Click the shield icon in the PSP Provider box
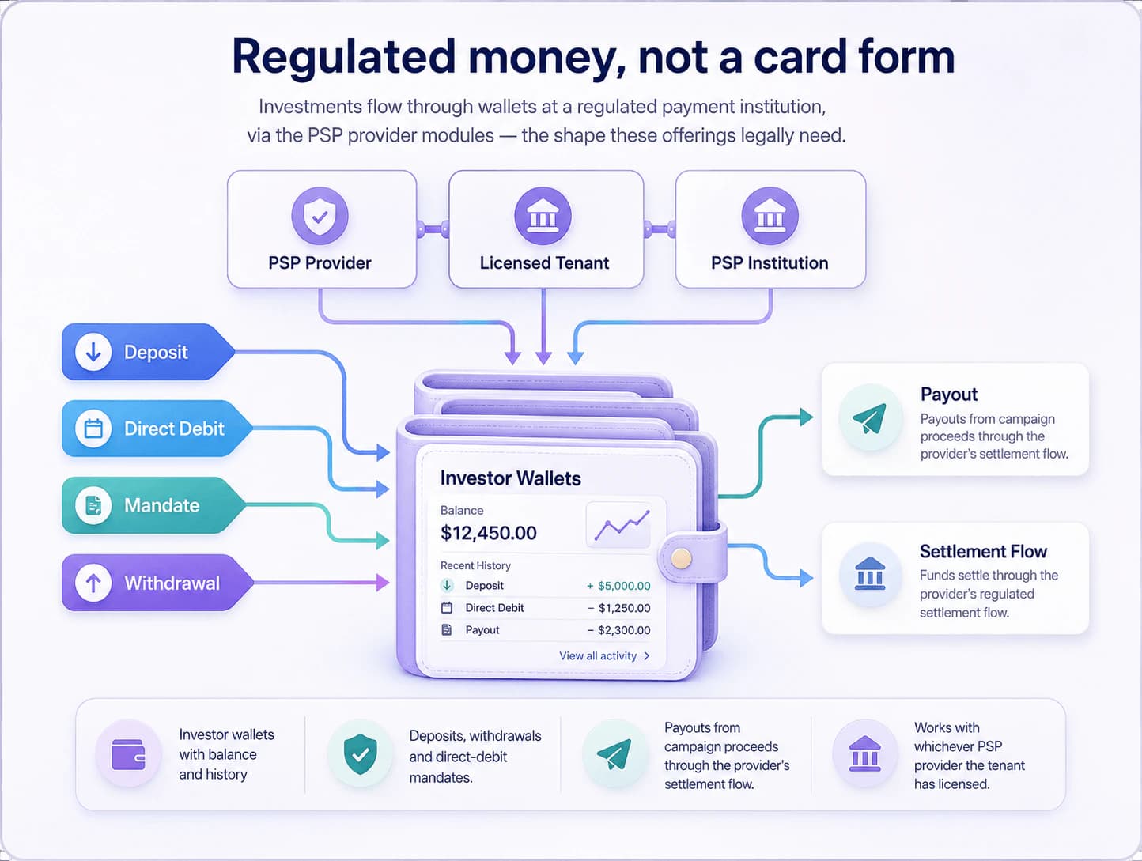click(320, 216)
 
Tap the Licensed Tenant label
click(544, 263)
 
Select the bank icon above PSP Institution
click(770, 216)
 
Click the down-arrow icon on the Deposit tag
click(93, 352)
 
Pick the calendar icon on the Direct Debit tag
click(93, 429)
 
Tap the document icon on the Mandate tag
click(93, 505)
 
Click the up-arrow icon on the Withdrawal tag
click(93, 583)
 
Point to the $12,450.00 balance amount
click(488, 534)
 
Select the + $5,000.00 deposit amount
click(618, 586)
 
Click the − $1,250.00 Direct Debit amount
click(619, 608)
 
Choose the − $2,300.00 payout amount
click(619, 630)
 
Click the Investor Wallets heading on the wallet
click(510, 478)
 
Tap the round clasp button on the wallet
click(681, 559)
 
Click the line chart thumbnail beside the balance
click(618, 525)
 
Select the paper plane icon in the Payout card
click(870, 417)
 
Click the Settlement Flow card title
click(983, 551)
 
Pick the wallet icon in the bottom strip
click(128, 754)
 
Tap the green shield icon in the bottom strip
click(360, 754)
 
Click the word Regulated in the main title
click(344, 57)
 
